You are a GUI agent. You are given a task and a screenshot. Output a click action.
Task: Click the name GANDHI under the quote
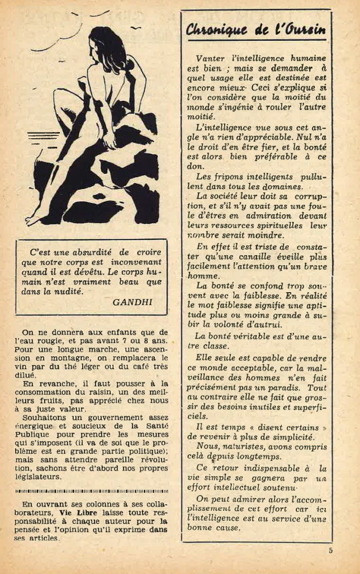(132, 302)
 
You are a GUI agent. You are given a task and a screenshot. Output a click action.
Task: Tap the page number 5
(331, 550)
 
